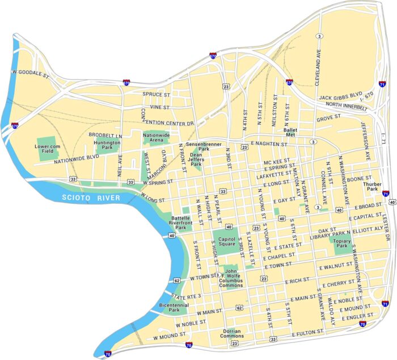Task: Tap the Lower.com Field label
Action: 48,149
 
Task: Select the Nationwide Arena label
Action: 157,138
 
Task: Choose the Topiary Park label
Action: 341,243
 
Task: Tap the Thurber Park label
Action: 373,186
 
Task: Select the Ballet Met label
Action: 290,133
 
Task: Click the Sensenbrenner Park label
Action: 197,146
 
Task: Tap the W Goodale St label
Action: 31,73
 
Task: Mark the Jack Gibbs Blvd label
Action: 340,98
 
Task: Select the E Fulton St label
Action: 307,331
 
